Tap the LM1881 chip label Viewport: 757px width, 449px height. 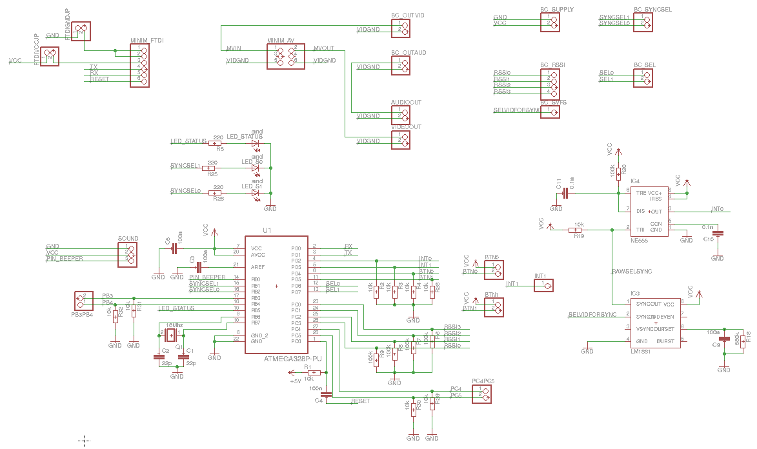640,352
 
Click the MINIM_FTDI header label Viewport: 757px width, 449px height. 146,41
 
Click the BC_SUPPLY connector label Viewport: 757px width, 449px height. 556,10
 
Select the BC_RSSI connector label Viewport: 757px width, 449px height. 552,65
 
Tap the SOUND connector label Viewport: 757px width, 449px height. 128,239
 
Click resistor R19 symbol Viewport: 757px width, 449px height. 575,230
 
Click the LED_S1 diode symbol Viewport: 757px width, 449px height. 256,193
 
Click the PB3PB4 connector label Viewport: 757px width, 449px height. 82,315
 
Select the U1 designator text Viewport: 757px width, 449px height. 267,230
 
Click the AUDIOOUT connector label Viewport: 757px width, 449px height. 406,103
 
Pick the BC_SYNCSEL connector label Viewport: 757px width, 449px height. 653,10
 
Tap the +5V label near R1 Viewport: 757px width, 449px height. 296,381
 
